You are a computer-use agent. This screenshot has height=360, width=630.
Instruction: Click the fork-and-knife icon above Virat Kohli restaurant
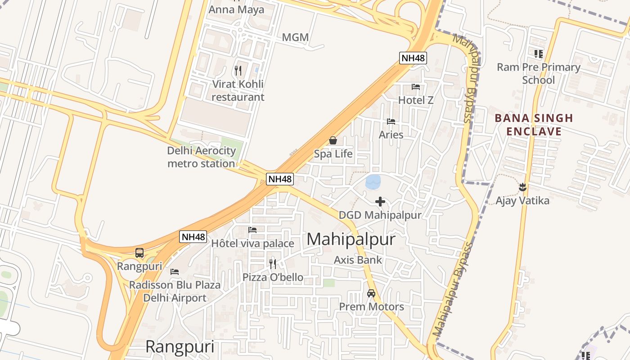[x=238, y=71]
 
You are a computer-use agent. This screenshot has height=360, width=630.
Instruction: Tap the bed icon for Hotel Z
[x=416, y=86]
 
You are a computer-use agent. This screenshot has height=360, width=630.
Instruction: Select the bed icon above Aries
[x=391, y=121]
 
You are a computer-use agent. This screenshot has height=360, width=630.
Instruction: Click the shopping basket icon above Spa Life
[x=333, y=141]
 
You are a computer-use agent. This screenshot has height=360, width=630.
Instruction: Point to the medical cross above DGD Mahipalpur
[x=380, y=202]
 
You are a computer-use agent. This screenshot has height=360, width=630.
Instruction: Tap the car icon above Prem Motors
[x=371, y=293]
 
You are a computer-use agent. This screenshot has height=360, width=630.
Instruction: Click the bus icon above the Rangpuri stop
[x=139, y=253]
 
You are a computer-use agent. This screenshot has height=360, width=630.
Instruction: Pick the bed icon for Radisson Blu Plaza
[x=175, y=272]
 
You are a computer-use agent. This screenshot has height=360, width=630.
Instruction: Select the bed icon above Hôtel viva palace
[x=253, y=230]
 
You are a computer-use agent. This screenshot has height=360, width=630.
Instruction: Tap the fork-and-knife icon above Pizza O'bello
[x=273, y=264]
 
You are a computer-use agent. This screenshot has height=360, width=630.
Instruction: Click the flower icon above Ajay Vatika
[x=522, y=186]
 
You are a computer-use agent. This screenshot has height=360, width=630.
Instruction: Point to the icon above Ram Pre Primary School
[x=538, y=54]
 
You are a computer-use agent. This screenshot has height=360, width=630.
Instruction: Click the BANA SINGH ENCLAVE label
[x=534, y=125]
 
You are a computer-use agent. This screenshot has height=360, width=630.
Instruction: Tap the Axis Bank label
[x=358, y=260]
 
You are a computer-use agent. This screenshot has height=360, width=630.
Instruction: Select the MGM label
[x=295, y=37]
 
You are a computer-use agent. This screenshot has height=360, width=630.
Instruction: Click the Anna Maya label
[x=237, y=9]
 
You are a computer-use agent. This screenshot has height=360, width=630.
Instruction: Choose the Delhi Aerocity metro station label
[x=201, y=157]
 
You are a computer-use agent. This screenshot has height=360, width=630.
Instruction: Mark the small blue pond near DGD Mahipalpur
[x=373, y=182]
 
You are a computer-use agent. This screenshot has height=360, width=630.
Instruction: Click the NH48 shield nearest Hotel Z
[x=413, y=58]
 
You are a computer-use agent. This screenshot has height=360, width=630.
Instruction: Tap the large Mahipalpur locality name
[x=351, y=239]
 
